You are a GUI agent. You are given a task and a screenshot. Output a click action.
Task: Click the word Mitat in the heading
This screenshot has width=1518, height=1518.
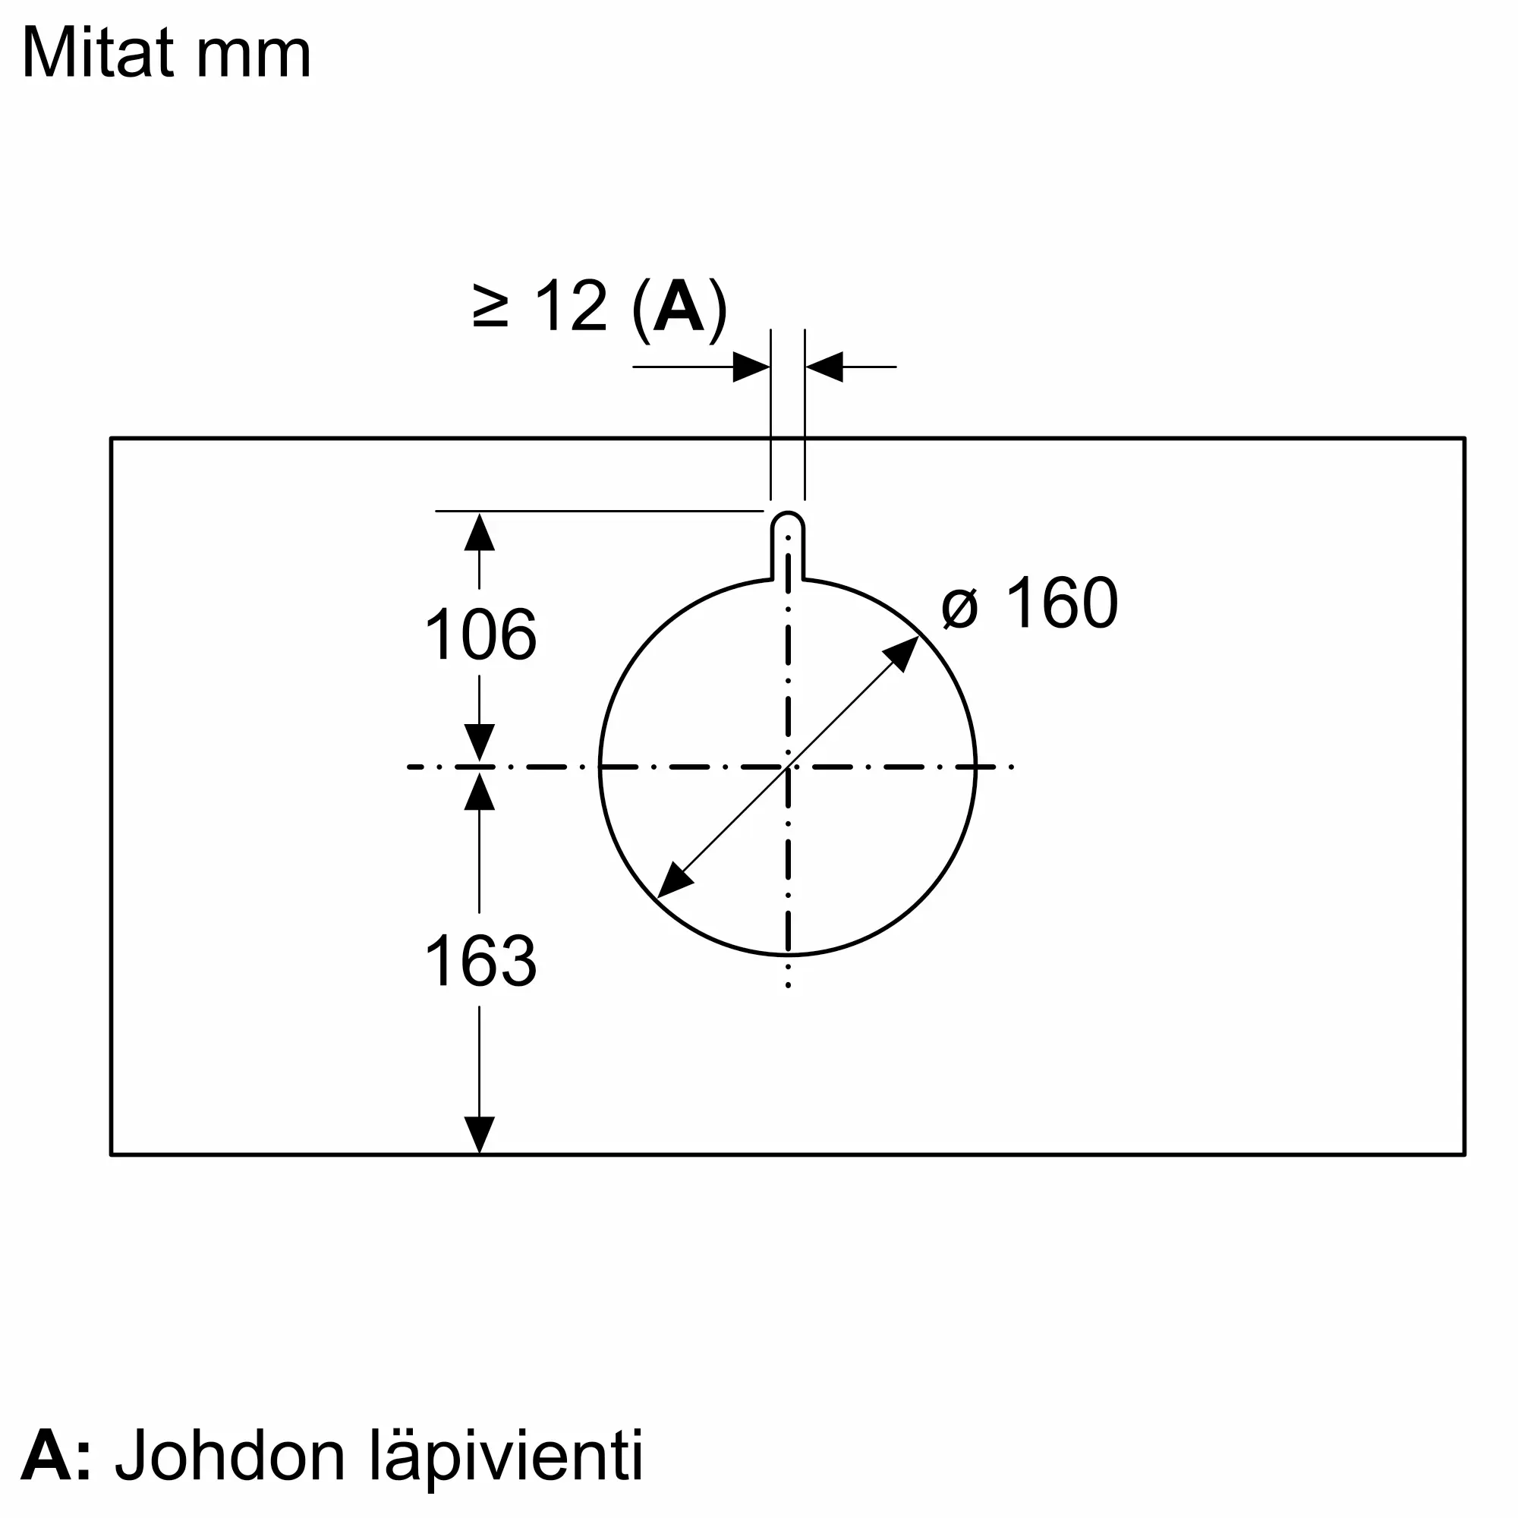[98, 53]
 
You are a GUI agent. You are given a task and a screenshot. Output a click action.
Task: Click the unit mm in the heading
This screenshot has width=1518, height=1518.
[253, 55]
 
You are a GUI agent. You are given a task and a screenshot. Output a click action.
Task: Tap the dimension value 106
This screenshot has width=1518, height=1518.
[480, 634]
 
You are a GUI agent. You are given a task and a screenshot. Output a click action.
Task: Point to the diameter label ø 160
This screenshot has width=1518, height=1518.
[1029, 603]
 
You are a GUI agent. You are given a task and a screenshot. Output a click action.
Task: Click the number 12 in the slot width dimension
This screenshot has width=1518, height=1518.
[572, 307]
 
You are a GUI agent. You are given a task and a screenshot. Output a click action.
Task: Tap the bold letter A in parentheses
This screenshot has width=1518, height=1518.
[679, 307]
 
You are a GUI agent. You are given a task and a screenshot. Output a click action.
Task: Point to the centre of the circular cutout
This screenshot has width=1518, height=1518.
[788, 767]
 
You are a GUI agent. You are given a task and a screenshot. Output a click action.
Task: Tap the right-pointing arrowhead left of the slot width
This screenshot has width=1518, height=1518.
[751, 367]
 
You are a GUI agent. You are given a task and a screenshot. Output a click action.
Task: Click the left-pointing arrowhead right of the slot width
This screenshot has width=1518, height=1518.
[825, 367]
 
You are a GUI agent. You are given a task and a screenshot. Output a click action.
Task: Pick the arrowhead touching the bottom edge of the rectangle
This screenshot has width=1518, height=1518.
[479, 1135]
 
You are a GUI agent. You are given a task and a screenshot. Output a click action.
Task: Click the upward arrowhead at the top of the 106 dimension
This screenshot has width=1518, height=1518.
[479, 532]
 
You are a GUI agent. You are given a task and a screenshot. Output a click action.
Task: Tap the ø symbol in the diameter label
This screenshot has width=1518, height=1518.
[960, 607]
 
